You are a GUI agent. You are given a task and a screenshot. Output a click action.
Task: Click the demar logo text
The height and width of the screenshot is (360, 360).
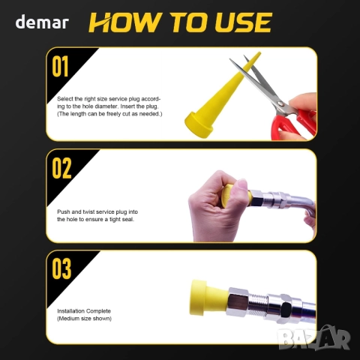tap(42, 22)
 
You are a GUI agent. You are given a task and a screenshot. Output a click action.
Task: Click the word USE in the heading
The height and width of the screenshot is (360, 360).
tap(243, 22)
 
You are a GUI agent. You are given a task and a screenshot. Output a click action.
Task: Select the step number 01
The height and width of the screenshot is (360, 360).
tap(60, 66)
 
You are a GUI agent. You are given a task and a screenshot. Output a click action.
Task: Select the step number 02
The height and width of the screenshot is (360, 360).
tap(61, 168)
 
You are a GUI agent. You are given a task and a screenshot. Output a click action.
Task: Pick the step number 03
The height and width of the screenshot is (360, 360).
tap(61, 269)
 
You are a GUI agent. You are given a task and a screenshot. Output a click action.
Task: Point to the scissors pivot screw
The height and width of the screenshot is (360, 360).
tap(280, 103)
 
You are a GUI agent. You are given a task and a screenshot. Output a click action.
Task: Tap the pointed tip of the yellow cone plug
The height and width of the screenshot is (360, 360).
tap(259, 53)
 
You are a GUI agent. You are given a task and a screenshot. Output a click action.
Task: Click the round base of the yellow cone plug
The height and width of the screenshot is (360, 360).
tap(199, 125)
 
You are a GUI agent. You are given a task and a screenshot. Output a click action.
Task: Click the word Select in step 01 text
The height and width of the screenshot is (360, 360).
tap(65, 99)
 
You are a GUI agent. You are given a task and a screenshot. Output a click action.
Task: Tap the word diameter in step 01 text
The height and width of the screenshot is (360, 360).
tap(106, 106)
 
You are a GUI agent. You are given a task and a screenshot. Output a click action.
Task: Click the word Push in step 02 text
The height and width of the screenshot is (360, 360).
tap(64, 211)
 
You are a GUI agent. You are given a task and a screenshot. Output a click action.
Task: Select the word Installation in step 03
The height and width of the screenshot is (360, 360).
tap(71, 311)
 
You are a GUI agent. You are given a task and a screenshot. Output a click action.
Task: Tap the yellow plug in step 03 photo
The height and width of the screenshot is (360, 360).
tap(208, 298)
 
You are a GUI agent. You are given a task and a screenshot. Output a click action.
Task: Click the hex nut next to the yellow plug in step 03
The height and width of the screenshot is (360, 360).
tap(238, 302)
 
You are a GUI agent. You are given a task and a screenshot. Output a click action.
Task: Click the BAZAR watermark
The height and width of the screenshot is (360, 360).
tap(314, 337)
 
